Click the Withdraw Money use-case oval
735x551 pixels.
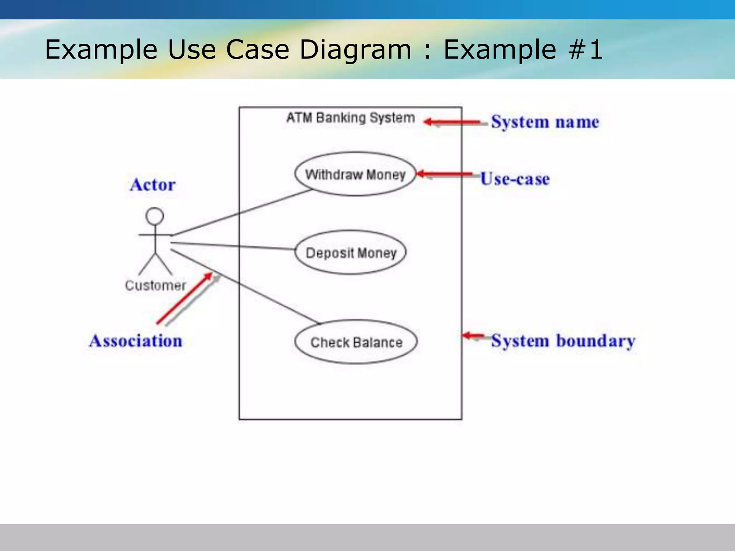point(355,174)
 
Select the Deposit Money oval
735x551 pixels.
point(351,253)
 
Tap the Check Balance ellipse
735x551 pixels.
point(356,342)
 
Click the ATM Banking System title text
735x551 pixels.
point(350,118)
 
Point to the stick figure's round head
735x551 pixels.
point(155,216)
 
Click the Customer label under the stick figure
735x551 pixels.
point(155,286)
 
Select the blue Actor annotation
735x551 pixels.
point(153,185)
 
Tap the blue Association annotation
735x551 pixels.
point(136,341)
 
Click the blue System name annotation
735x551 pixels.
point(545,122)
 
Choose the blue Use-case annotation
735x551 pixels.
point(515,179)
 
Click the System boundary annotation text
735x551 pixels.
point(563,341)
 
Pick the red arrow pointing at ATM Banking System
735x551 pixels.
point(452,122)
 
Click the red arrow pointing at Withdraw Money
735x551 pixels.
point(444,174)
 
